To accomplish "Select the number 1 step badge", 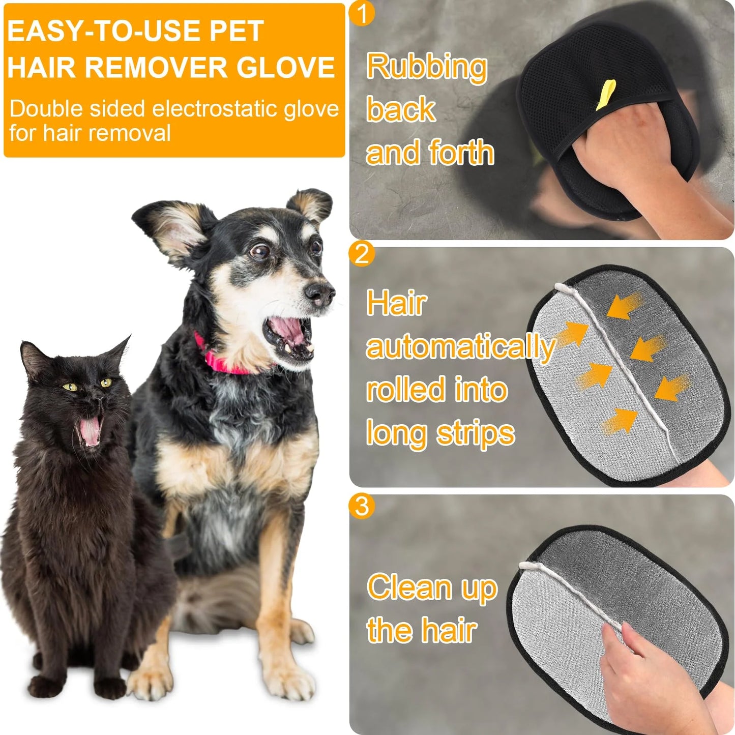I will (x=362, y=14).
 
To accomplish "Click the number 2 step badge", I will (x=362, y=253).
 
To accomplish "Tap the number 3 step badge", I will (x=362, y=506).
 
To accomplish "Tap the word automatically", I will (x=460, y=347).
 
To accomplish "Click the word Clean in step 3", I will (x=409, y=587).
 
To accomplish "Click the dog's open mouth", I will (x=288, y=336).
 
